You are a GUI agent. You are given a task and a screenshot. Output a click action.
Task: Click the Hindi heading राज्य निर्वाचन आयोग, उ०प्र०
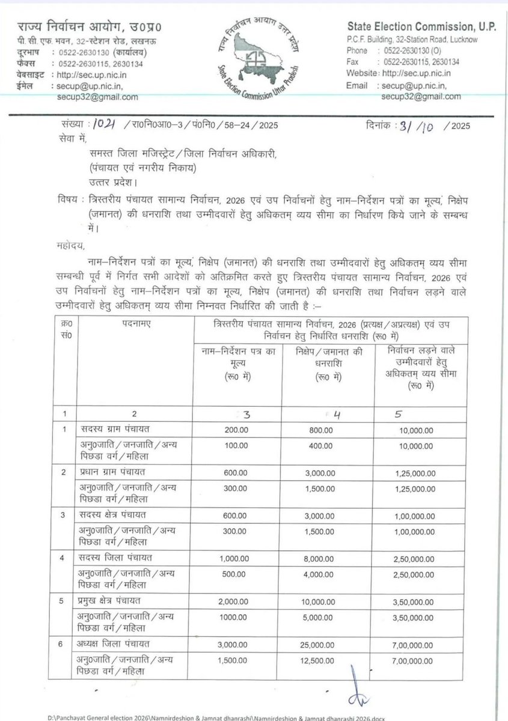90,27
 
